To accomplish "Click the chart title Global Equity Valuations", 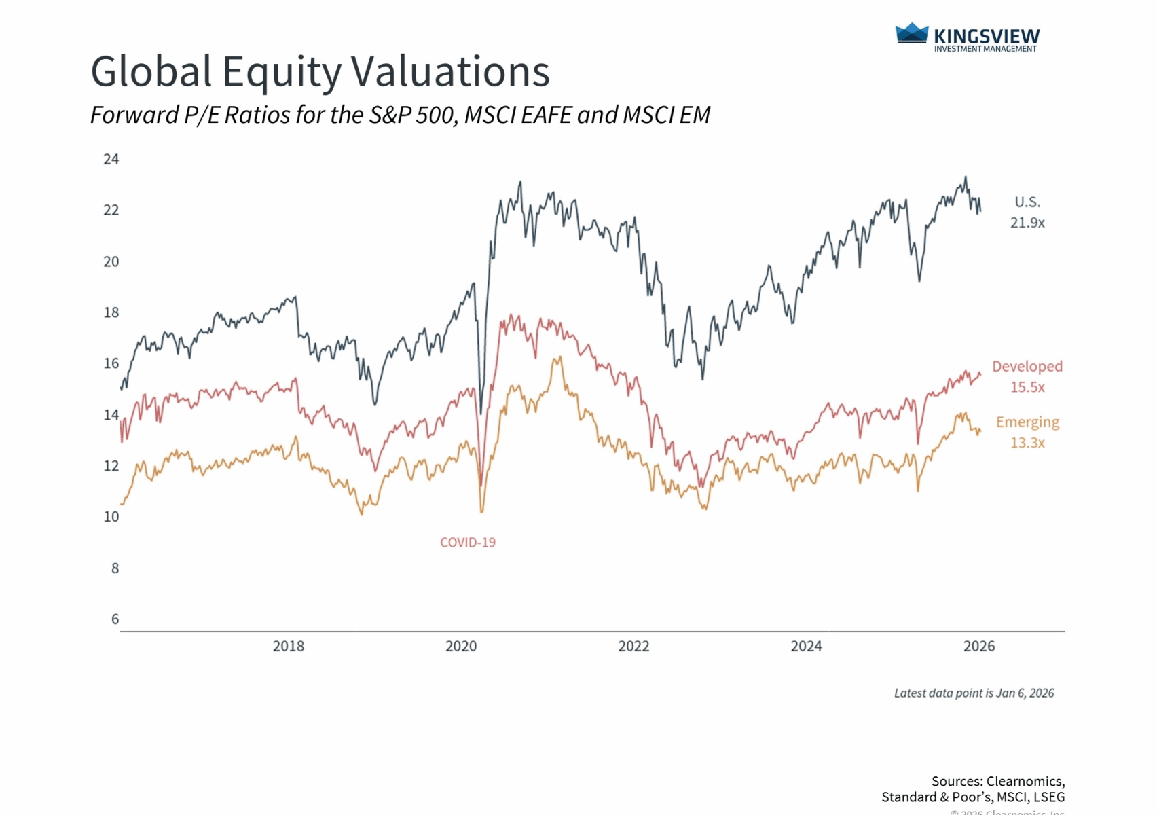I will pyautogui.click(x=320, y=72).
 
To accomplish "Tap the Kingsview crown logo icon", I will pyautogui.click(x=911, y=33).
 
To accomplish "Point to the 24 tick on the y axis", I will pyautogui.click(x=111, y=160).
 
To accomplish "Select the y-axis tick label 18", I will pyautogui.click(x=111, y=313).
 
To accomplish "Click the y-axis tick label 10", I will pyautogui.click(x=111, y=517).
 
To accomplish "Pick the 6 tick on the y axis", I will pyautogui.click(x=115, y=619).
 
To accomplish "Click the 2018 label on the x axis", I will pyautogui.click(x=289, y=647).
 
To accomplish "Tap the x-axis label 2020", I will pyautogui.click(x=461, y=647).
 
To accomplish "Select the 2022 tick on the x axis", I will pyautogui.click(x=633, y=647).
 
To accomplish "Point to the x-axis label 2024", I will pyautogui.click(x=806, y=647).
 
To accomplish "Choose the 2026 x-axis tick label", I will pyautogui.click(x=979, y=647).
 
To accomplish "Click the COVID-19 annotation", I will pyautogui.click(x=468, y=543).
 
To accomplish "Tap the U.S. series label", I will pyautogui.click(x=1027, y=202).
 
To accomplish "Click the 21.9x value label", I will pyautogui.click(x=1027, y=223).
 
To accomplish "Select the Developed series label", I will pyautogui.click(x=1027, y=367).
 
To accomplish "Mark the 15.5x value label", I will pyautogui.click(x=1027, y=387).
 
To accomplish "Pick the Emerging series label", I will pyautogui.click(x=1027, y=422).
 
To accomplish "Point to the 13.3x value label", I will pyautogui.click(x=1027, y=443).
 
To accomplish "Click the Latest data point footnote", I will pyautogui.click(x=974, y=693).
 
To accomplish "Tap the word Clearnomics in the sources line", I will pyautogui.click(x=1024, y=782).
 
